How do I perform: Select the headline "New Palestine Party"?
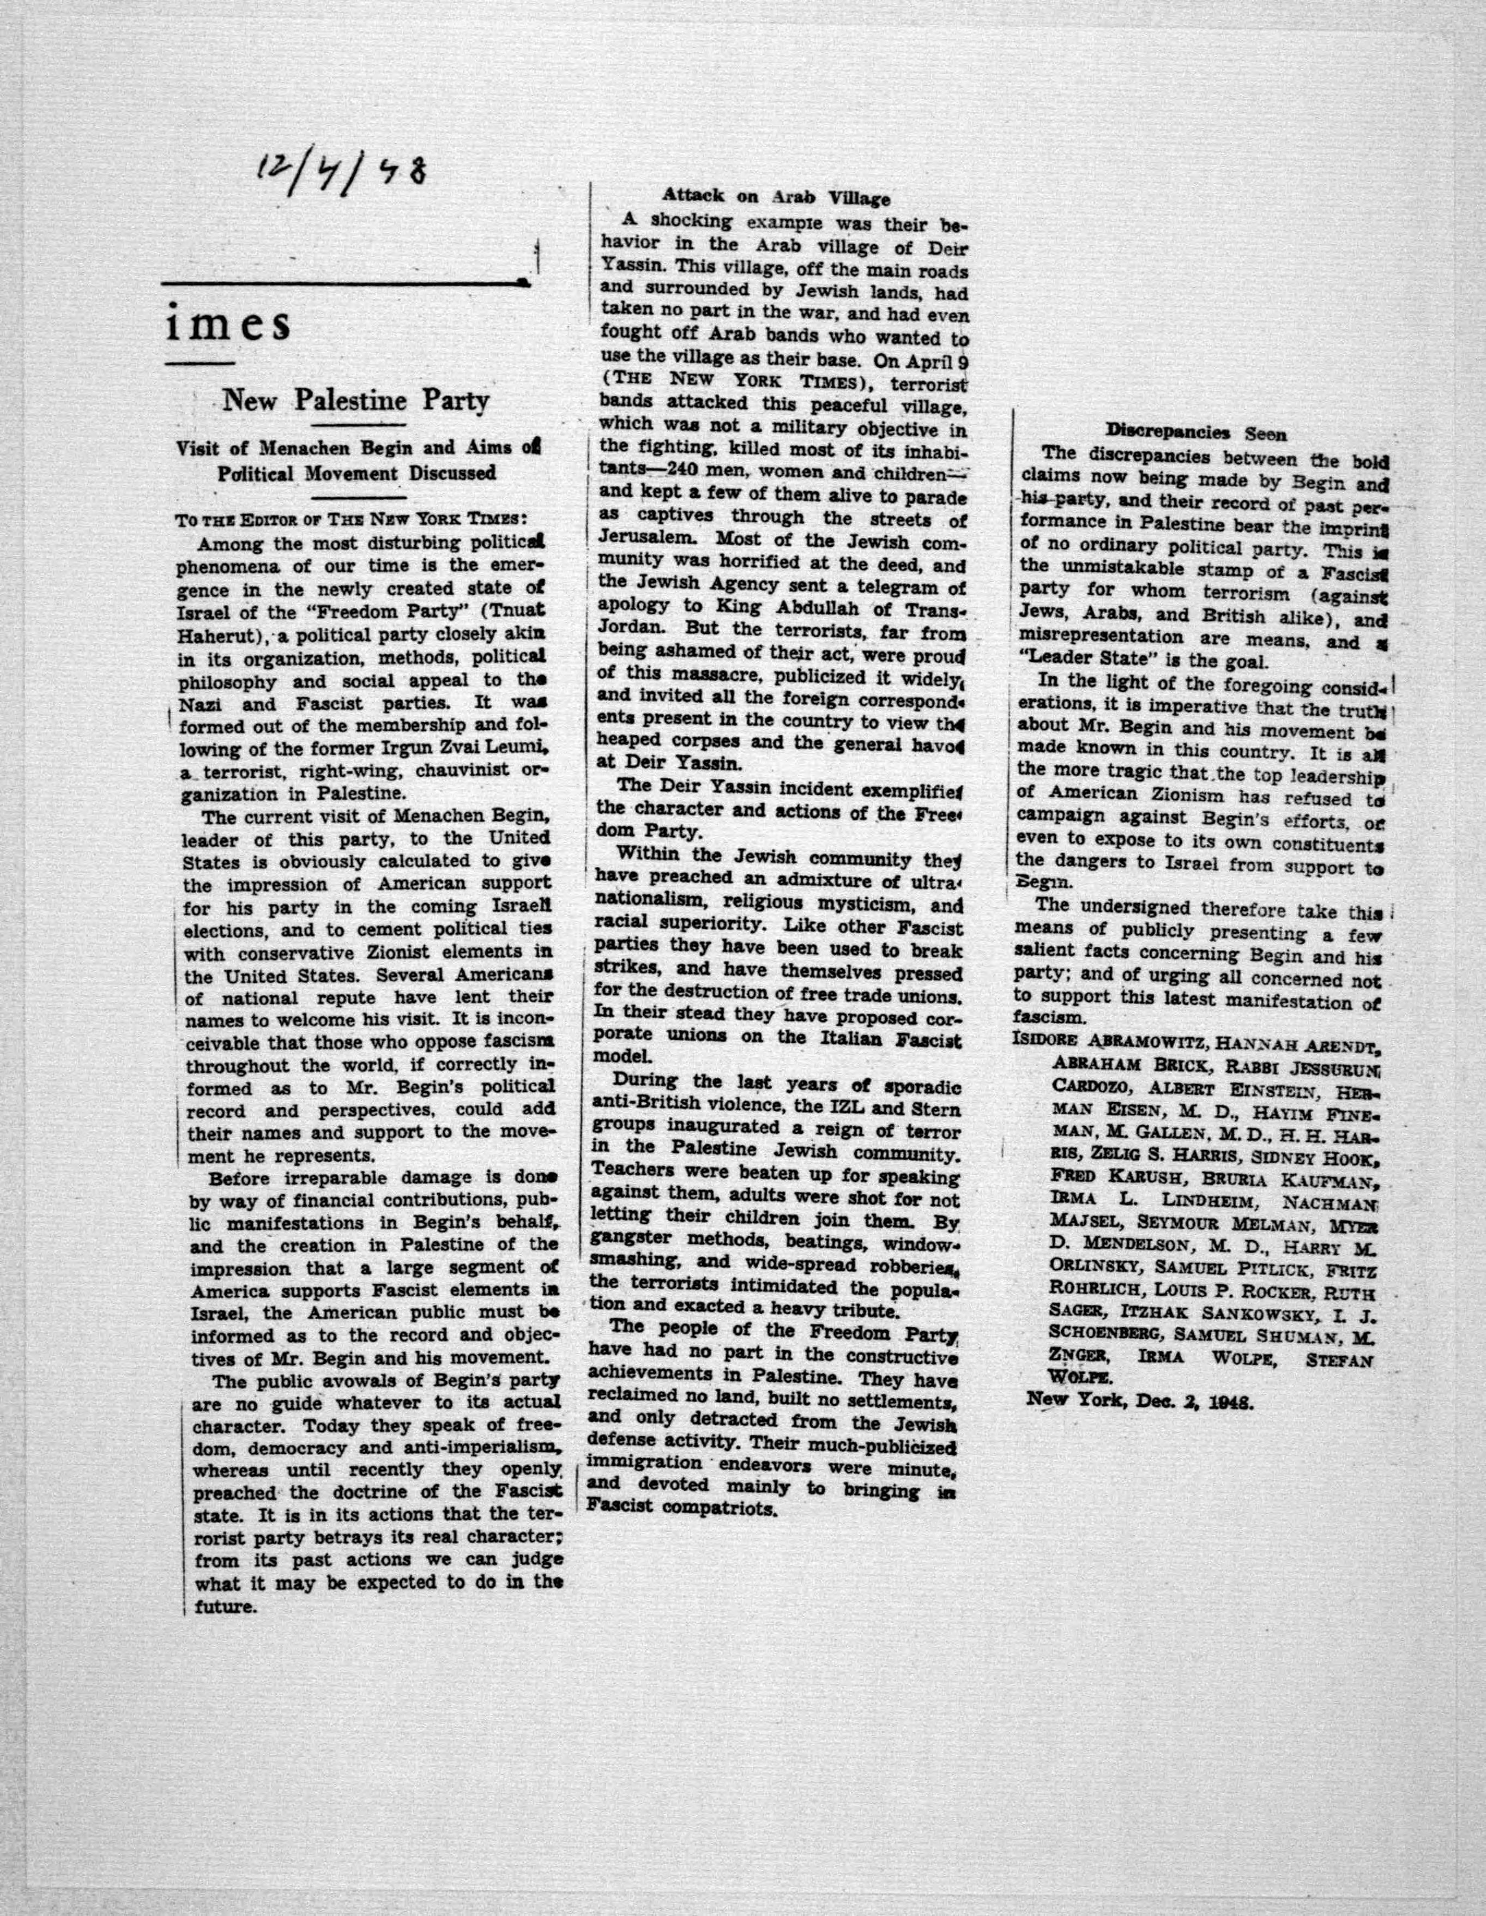(x=355, y=401)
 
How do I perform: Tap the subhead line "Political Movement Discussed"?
(x=358, y=472)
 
